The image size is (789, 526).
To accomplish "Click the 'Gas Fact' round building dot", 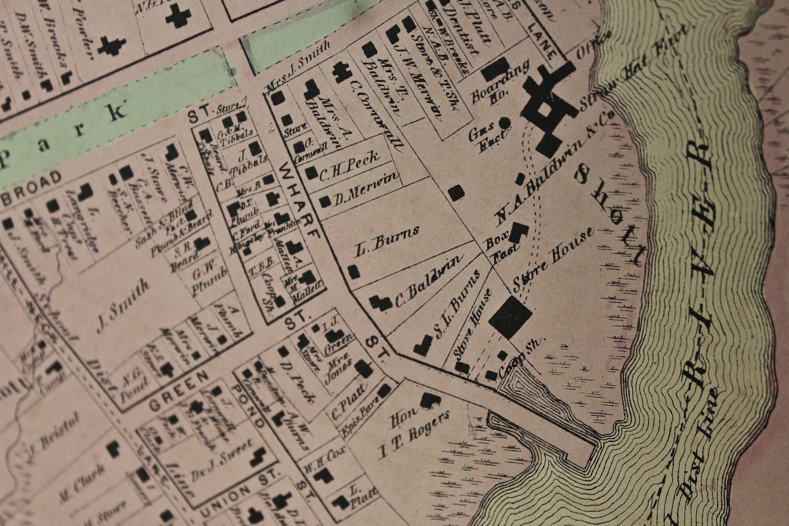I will click(504, 124).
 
